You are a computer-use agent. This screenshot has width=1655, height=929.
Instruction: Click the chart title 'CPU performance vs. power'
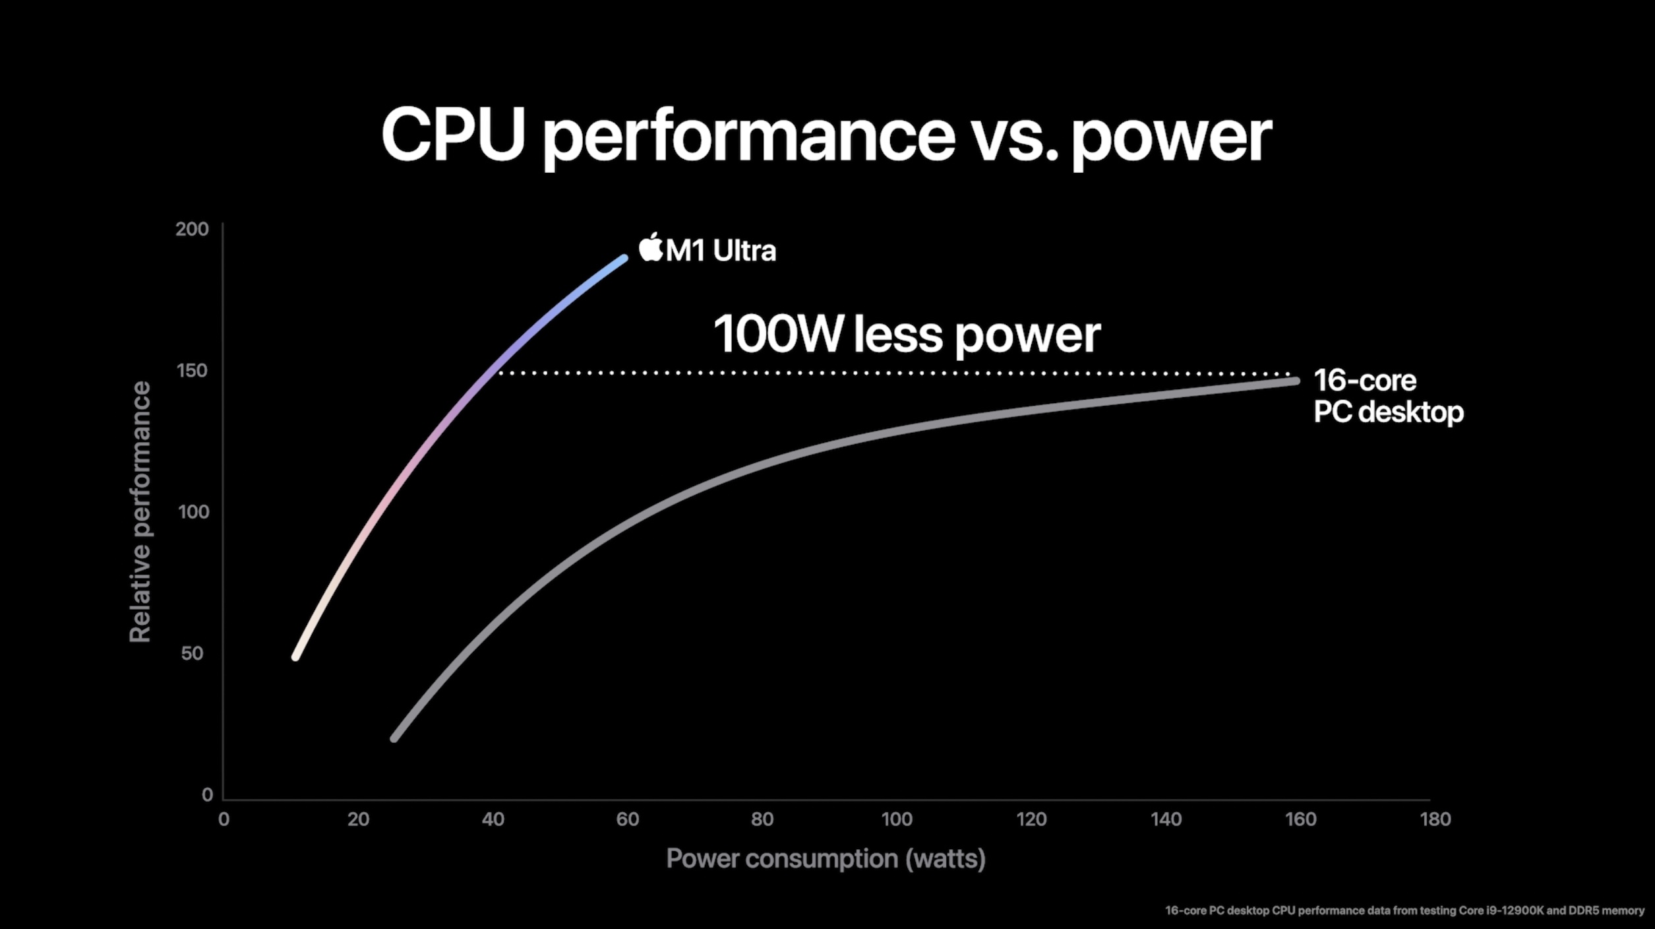826,135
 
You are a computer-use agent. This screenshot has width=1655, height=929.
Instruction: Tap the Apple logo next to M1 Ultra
650,247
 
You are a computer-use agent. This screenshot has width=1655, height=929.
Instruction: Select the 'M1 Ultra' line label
721,251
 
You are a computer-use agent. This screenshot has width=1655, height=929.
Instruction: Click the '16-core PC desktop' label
1387,396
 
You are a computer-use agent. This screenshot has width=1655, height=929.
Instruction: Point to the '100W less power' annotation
907,335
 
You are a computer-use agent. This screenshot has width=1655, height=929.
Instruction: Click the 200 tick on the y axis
192,229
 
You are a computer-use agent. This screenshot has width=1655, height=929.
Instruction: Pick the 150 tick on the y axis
192,371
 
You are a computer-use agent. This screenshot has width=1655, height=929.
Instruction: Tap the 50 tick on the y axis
192,653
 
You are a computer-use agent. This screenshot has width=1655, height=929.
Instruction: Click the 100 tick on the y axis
193,512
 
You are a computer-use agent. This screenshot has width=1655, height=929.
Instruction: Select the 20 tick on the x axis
358,819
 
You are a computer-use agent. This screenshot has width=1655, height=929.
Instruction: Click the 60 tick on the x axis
627,819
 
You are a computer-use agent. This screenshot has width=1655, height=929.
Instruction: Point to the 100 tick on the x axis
897,819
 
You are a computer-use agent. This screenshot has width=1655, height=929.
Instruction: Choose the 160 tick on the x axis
1300,819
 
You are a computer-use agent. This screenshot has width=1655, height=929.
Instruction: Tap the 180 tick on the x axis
1435,819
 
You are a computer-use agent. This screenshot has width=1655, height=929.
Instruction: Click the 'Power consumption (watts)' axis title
826,858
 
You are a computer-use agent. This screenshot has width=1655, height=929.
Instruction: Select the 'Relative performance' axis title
140,512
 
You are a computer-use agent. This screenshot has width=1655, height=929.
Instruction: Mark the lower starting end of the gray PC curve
394,738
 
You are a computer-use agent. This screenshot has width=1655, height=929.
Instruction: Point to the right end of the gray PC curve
1296,381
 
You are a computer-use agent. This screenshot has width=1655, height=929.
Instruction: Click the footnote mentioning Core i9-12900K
1404,911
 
